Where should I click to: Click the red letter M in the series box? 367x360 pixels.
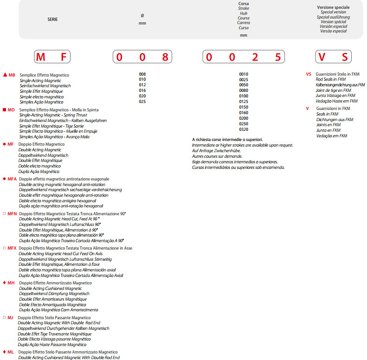tap(41, 58)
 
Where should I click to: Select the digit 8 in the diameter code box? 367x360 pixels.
tap(165, 58)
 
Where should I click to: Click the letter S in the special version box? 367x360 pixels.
tap(344, 58)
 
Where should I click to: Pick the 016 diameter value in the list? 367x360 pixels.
tap(142, 90)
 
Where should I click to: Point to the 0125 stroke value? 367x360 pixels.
tap(244, 101)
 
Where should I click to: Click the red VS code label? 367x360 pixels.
tap(309, 74)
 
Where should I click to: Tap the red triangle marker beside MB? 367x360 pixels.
tap(5, 75)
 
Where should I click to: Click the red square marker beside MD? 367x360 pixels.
tap(5, 109)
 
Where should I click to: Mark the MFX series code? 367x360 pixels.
tap(12, 248)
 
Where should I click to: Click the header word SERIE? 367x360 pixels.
tap(53, 19)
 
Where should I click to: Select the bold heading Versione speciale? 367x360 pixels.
tap(333, 7)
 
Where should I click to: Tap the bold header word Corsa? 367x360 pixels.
tap(244, 4)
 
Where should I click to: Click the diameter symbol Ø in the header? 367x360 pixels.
tap(142, 16)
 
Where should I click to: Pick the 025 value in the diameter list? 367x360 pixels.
tap(142, 102)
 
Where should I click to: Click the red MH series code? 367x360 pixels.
tap(11, 283)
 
